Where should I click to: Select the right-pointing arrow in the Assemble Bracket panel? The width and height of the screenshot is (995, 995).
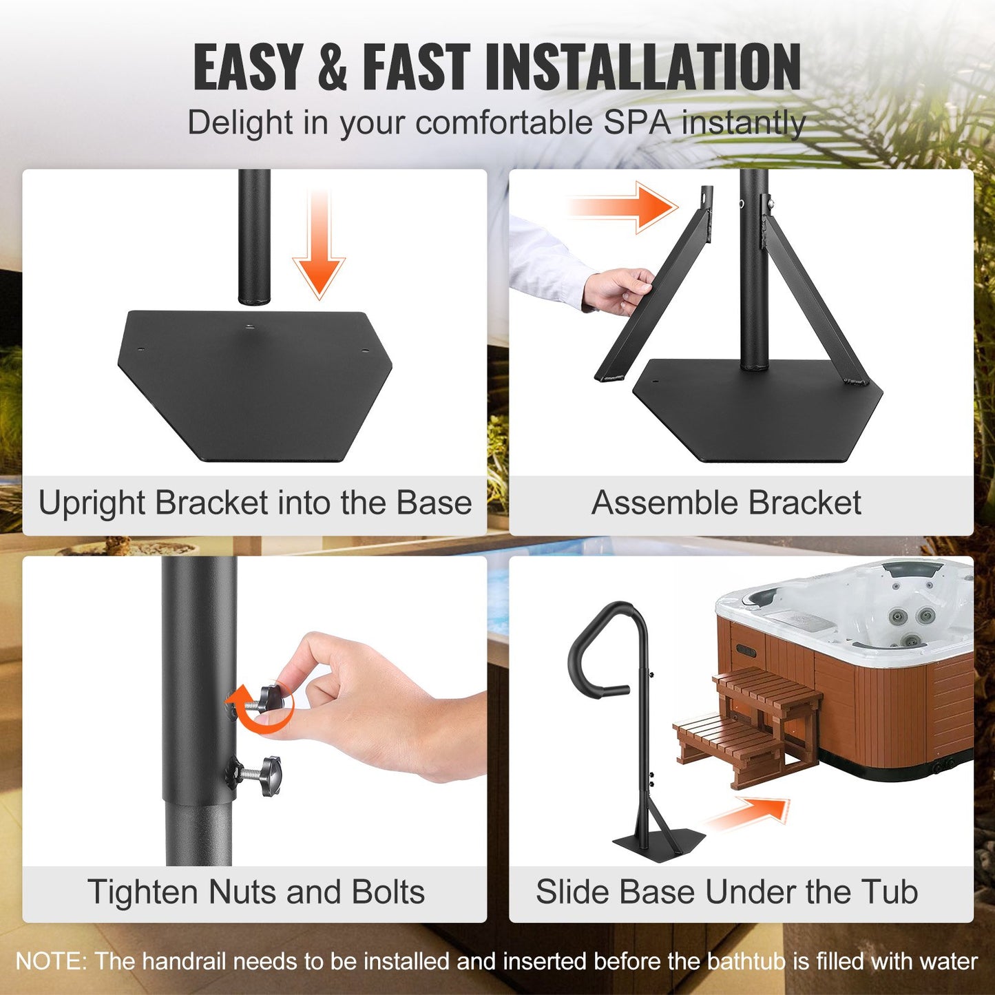623,206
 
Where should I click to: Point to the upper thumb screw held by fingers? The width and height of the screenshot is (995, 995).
270,699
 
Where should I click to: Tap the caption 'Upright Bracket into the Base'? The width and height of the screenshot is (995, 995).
255,503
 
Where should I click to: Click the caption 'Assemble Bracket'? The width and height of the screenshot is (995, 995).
726,503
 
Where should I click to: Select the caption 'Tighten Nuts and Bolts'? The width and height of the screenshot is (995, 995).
255,892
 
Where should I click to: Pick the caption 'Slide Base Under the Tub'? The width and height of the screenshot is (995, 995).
726,892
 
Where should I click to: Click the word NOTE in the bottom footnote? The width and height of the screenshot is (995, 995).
50,961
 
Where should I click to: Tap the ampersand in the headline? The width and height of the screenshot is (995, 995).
333,67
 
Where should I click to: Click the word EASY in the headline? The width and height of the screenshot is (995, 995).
248,67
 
